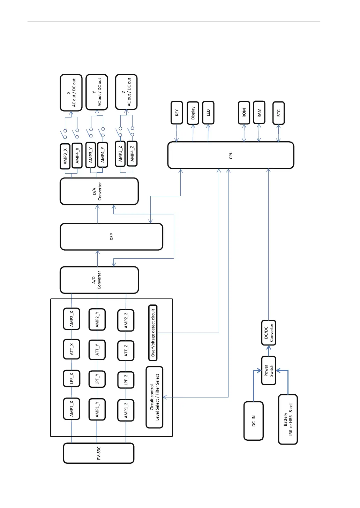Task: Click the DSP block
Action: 111,237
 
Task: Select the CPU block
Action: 231,155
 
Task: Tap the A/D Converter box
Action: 99,280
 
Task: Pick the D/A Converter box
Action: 99,191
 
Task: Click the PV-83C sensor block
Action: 99,453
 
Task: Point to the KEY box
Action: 177,113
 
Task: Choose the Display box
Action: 193,113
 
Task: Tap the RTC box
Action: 278,113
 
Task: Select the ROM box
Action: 244,113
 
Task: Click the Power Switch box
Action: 269,370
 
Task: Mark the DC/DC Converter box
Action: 269,333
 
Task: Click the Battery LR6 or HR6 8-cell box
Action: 288,419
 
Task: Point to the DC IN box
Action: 254,421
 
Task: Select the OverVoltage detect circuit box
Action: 153,333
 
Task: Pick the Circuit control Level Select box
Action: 154,397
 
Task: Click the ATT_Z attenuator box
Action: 126,350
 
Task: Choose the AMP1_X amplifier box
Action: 72,409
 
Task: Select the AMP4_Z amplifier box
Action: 132,153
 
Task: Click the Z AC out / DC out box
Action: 126,92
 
